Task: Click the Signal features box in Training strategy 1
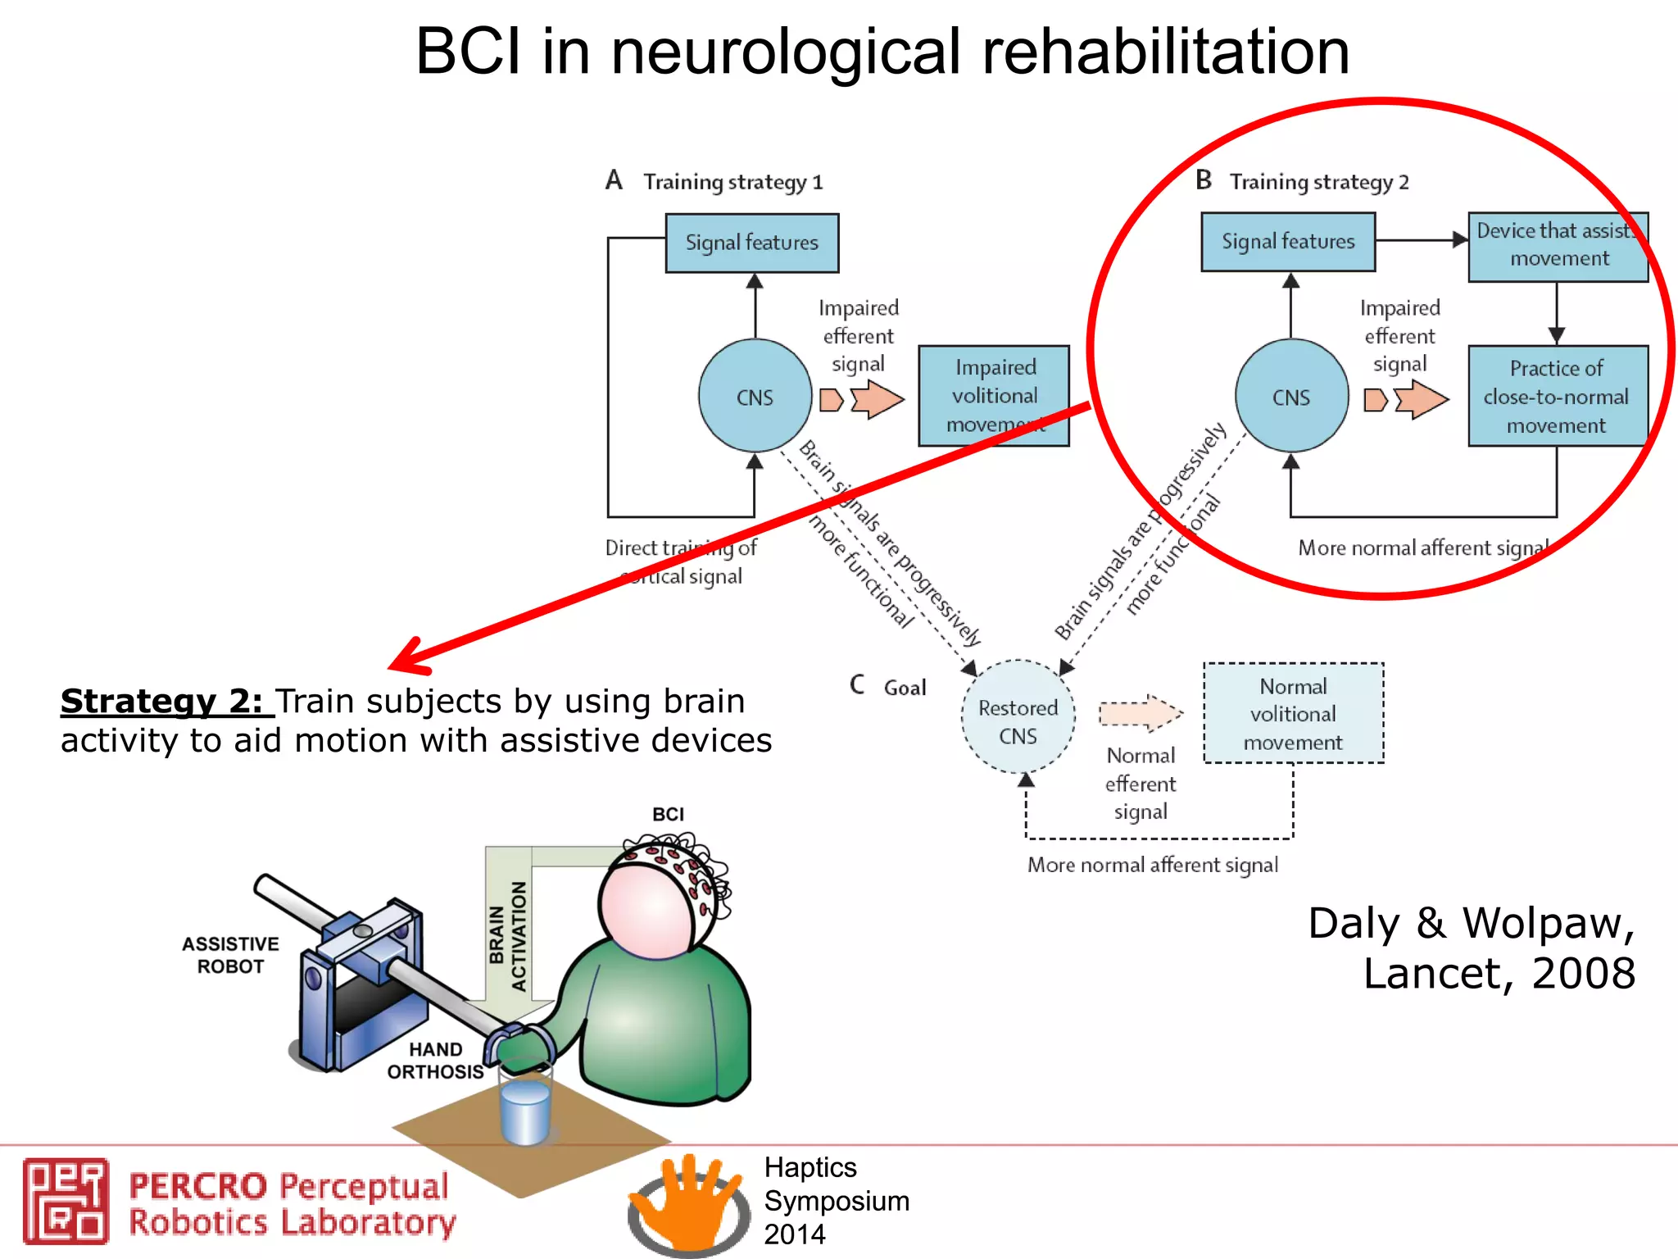click(x=751, y=243)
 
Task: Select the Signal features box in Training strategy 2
click(x=1287, y=242)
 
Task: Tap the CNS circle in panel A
click(x=755, y=396)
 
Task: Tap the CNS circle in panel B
click(x=1291, y=396)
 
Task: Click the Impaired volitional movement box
click(x=993, y=395)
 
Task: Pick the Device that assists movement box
click(x=1557, y=246)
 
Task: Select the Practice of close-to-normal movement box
click(x=1557, y=396)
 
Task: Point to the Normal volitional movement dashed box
click(x=1293, y=713)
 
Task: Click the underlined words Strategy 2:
click(x=162, y=702)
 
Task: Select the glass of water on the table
click(x=525, y=1107)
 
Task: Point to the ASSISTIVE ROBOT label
click(x=230, y=955)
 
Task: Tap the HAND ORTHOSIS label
click(x=435, y=1061)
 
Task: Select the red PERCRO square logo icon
click(x=66, y=1201)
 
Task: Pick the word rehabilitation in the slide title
click(x=1165, y=52)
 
